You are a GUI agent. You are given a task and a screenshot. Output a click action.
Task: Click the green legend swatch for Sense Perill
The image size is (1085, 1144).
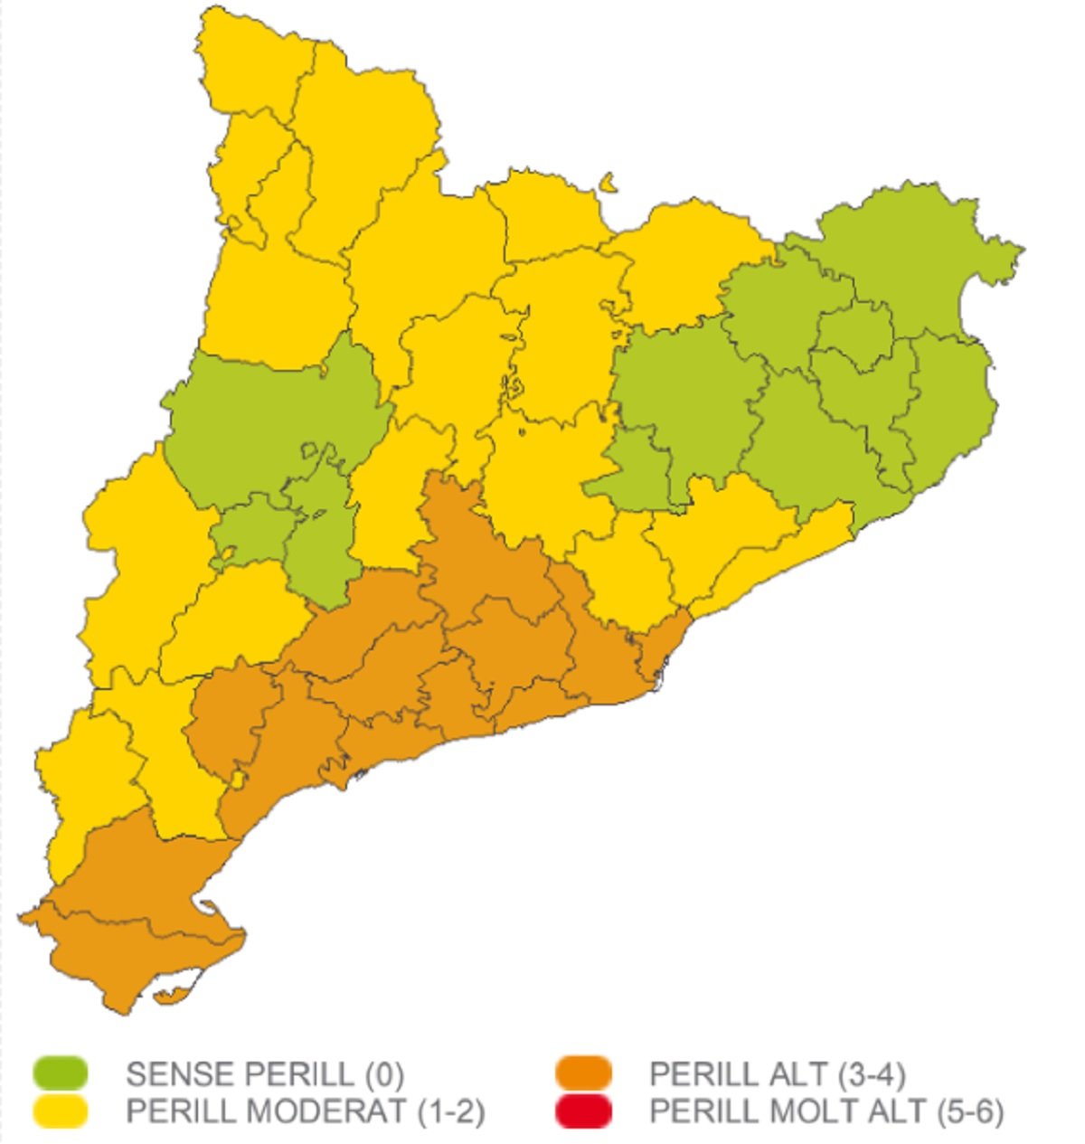[61, 1073]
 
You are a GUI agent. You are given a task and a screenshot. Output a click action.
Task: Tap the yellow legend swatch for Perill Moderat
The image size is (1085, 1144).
[61, 1111]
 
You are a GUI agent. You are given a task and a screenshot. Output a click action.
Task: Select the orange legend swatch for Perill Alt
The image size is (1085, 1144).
[584, 1073]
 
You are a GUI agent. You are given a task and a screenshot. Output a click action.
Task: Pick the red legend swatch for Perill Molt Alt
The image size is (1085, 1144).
[584, 1111]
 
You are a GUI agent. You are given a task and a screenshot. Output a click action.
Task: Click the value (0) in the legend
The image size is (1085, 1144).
[384, 1074]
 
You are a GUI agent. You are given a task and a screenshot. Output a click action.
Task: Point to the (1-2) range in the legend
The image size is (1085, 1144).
[450, 1111]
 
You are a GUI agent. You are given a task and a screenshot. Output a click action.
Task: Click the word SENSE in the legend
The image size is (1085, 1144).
[177, 1074]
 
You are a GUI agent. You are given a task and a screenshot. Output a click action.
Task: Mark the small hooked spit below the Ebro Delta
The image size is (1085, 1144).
[172, 996]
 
